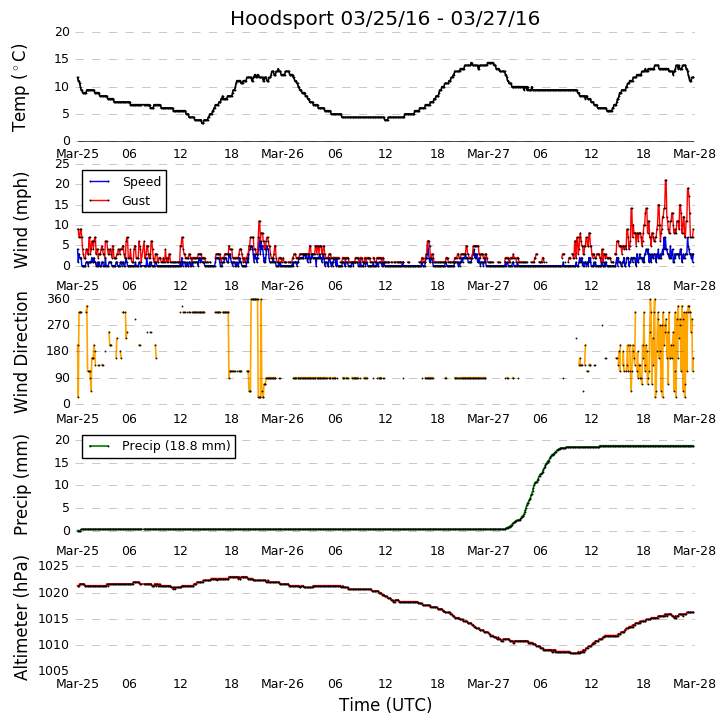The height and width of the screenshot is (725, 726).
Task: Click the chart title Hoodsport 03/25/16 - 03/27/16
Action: point(385,19)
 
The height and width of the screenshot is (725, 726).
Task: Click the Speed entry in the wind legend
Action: point(141,182)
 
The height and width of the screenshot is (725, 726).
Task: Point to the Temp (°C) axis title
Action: point(21,87)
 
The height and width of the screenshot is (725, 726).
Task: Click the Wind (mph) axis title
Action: point(21,219)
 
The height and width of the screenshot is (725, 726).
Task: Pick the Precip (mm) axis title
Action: point(21,484)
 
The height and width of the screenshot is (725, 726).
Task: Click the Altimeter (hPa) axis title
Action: point(21,617)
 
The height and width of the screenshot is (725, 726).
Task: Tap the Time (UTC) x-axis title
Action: point(385,705)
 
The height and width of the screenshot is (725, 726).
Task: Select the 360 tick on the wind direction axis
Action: point(58,299)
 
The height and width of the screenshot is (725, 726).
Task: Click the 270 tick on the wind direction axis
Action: point(58,325)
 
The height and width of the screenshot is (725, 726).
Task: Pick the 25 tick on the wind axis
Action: point(63,164)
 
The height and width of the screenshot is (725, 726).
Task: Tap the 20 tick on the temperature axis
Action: point(63,32)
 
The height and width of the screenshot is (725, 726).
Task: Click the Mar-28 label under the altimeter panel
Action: point(694,684)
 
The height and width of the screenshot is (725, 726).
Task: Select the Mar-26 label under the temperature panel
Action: point(282,154)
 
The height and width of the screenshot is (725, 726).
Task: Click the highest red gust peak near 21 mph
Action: point(665,181)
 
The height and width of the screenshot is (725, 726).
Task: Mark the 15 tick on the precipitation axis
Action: point(63,462)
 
